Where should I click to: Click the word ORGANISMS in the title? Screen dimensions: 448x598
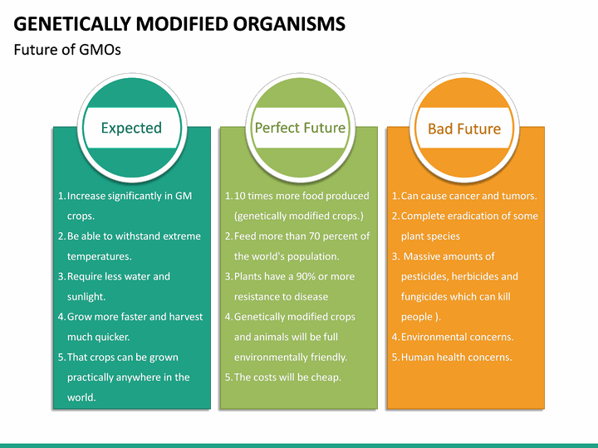292,24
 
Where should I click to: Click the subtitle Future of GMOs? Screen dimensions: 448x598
67,50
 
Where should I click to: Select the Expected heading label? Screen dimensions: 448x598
131,128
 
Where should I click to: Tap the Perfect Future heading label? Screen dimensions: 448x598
300,128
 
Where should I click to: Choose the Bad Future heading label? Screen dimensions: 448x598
464,129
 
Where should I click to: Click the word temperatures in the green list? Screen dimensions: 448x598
99,256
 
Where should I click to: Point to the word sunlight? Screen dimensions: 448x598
86,296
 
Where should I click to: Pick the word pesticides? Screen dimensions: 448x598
427,276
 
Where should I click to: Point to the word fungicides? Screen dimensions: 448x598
428,296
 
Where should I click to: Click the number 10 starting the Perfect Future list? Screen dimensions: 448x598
240,196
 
